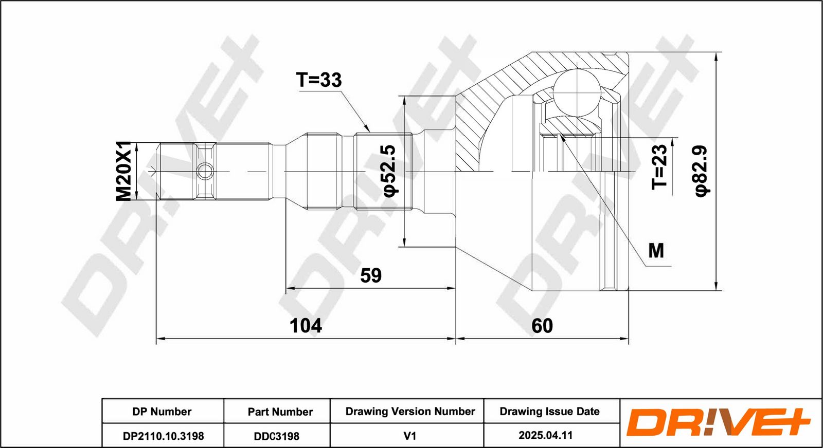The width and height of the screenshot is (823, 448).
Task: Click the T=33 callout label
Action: [318, 80]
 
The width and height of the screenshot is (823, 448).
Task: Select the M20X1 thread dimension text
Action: [124, 171]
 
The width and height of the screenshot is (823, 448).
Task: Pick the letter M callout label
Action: [656, 251]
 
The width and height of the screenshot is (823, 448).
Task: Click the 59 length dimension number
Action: [371, 275]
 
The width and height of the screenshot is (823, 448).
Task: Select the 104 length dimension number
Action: [306, 325]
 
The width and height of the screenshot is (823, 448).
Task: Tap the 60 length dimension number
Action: [542, 325]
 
